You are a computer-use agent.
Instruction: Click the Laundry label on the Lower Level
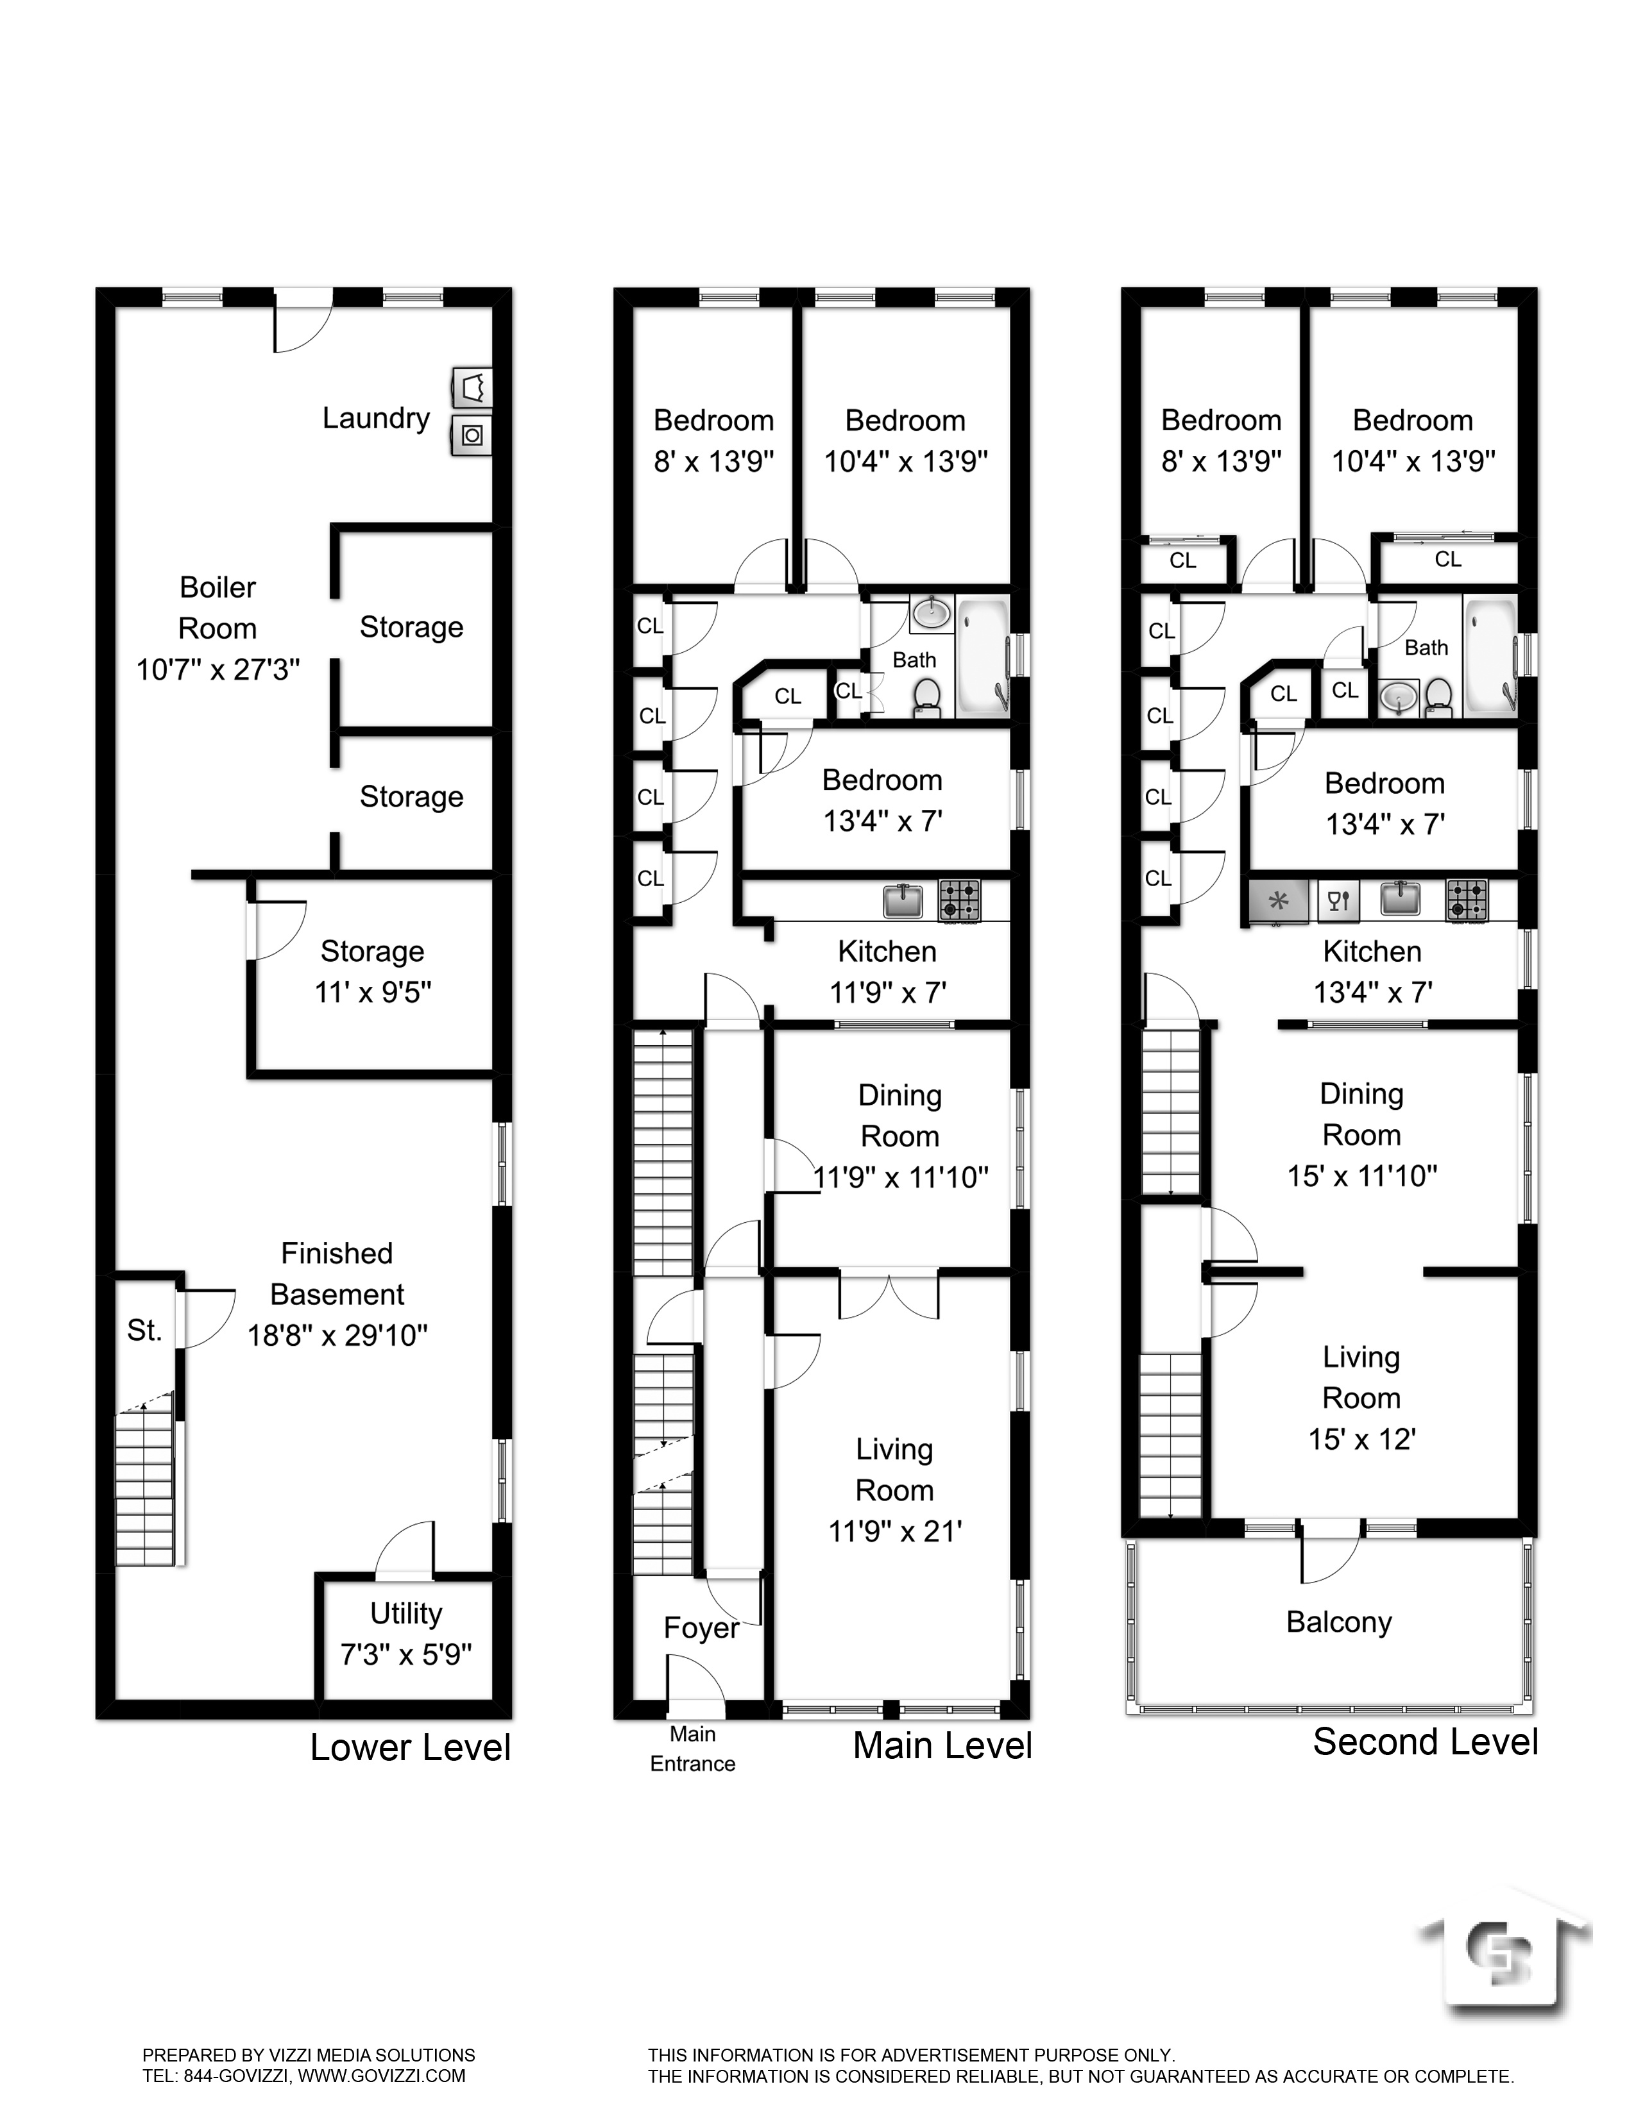[376, 419]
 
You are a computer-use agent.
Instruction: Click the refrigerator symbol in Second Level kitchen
[1279, 901]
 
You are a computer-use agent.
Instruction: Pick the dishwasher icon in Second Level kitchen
[1338, 901]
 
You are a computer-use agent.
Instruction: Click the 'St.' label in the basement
[144, 1331]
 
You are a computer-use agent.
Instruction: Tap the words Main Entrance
[692, 1749]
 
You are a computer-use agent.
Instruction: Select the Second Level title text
[1425, 1742]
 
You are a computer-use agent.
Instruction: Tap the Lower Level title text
[410, 1748]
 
